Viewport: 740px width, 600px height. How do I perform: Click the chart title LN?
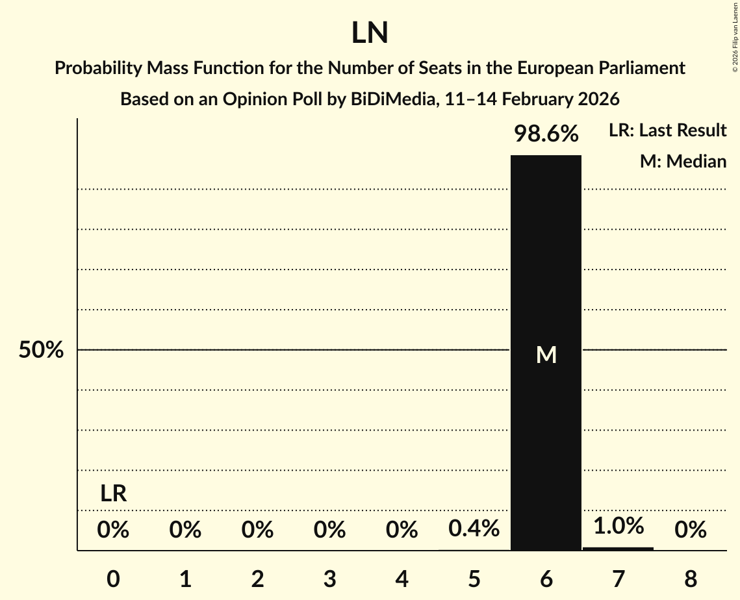point(370,33)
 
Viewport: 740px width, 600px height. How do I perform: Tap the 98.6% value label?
point(546,134)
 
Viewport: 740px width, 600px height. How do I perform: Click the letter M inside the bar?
point(546,355)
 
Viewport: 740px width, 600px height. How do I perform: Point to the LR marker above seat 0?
point(113,494)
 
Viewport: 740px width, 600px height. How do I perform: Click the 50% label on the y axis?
point(41,351)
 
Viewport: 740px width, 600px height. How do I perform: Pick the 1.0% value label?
point(618,525)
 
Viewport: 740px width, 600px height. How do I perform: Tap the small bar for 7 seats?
point(618,549)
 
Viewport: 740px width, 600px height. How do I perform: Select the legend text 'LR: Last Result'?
point(667,131)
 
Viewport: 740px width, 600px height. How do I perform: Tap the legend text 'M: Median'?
point(683,161)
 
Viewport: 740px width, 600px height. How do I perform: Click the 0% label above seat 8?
point(690,531)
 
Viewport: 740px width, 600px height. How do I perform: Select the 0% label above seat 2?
point(257,531)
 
